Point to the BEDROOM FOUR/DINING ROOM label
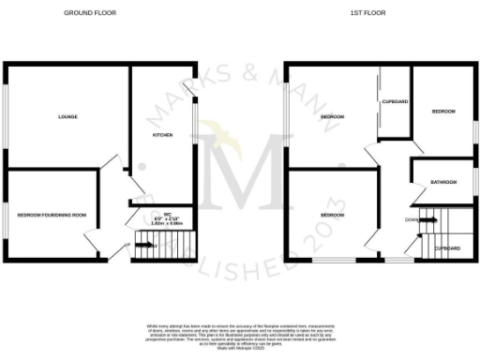[x=52, y=215]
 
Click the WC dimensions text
[x=165, y=218]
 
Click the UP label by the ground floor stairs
[x=127, y=246]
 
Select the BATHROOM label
[x=443, y=181]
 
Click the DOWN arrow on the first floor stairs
[x=423, y=219]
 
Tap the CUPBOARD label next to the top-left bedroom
[x=394, y=101]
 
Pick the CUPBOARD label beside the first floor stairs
[x=446, y=247]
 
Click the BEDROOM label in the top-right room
[x=442, y=112]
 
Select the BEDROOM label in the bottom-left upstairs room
[x=333, y=215]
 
